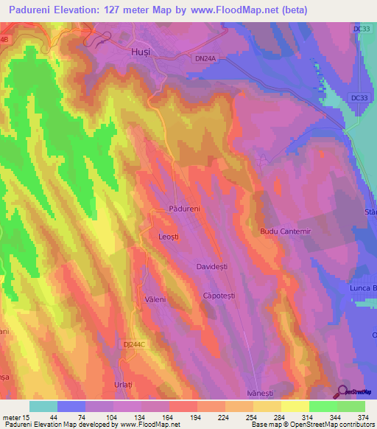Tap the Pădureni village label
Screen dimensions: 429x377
[185, 209]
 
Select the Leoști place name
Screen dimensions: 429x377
[171, 237]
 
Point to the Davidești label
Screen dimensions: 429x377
[214, 265]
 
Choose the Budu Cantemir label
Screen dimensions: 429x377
[285, 231]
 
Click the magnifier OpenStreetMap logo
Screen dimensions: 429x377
[344, 392]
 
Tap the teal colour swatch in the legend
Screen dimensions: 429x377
[43, 406]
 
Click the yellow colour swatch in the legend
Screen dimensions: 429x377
[295, 406]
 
